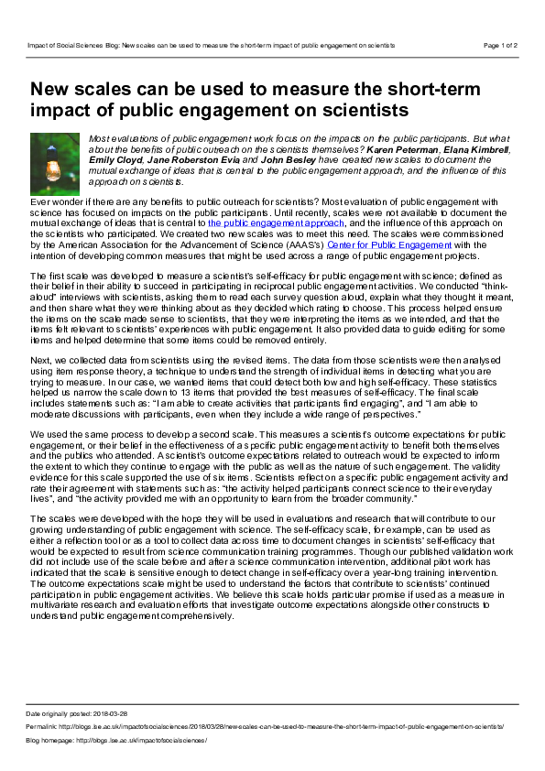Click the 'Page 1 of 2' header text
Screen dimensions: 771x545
pos(500,44)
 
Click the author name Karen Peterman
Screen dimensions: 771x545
pos(396,149)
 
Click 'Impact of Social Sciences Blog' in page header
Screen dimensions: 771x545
pos(72,44)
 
